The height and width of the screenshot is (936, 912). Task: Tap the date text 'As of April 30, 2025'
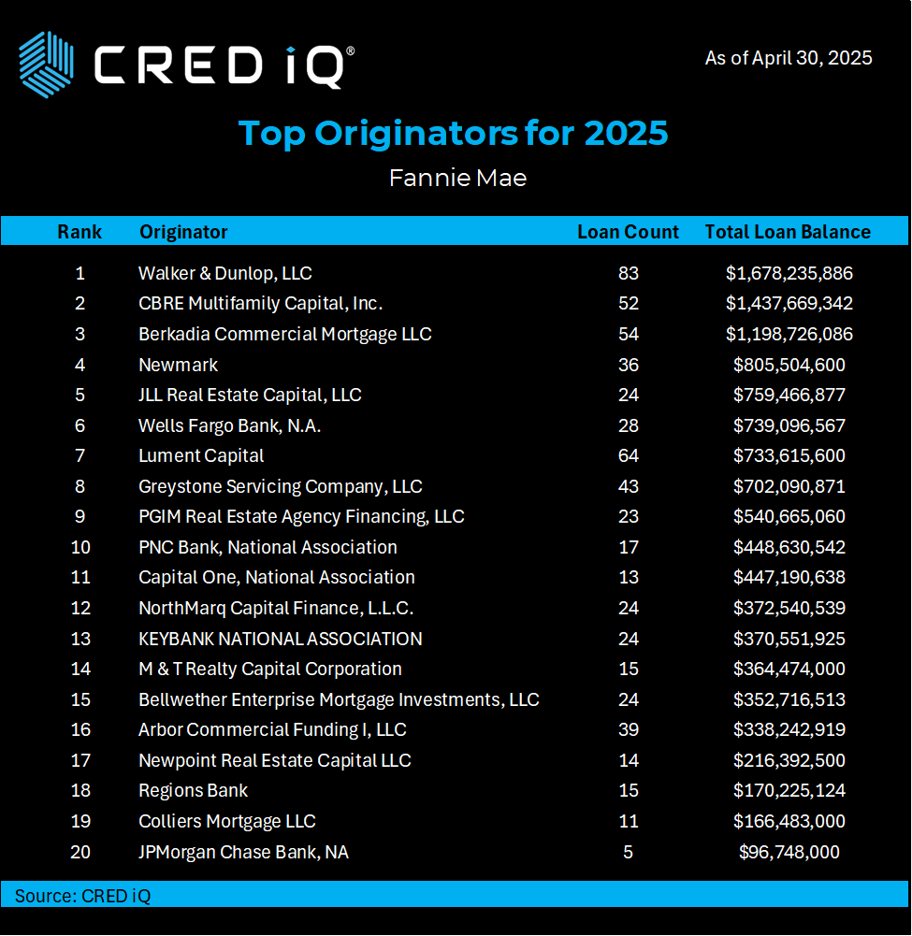[x=788, y=58]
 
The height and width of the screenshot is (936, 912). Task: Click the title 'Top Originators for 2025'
[x=454, y=134]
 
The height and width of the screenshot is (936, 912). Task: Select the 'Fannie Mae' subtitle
[x=457, y=178]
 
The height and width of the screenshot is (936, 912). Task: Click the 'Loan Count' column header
[x=628, y=232]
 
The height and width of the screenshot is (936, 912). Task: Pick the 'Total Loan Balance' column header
[x=788, y=232]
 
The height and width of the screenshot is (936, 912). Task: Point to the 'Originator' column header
[x=183, y=232]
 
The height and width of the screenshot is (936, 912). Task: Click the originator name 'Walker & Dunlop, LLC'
[x=224, y=273]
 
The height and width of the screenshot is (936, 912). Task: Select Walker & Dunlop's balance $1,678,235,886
[x=789, y=273]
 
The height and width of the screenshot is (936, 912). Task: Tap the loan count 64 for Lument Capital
[x=628, y=455]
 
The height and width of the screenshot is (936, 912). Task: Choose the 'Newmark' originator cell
[x=178, y=365]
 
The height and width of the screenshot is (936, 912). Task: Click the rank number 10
[x=80, y=547]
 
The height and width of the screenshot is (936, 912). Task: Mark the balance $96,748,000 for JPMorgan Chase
[x=789, y=852]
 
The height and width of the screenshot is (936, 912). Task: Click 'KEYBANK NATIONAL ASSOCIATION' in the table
[x=280, y=639]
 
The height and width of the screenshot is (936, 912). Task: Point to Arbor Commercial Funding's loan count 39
[x=628, y=729]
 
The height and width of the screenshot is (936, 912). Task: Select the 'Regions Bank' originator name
[x=193, y=790]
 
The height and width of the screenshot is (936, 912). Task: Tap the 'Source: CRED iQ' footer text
[x=82, y=896]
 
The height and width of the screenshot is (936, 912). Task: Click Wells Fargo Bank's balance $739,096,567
[x=789, y=425]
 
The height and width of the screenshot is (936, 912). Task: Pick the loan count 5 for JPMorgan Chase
[x=628, y=852]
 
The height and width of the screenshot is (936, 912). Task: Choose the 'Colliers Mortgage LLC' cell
[x=226, y=821]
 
